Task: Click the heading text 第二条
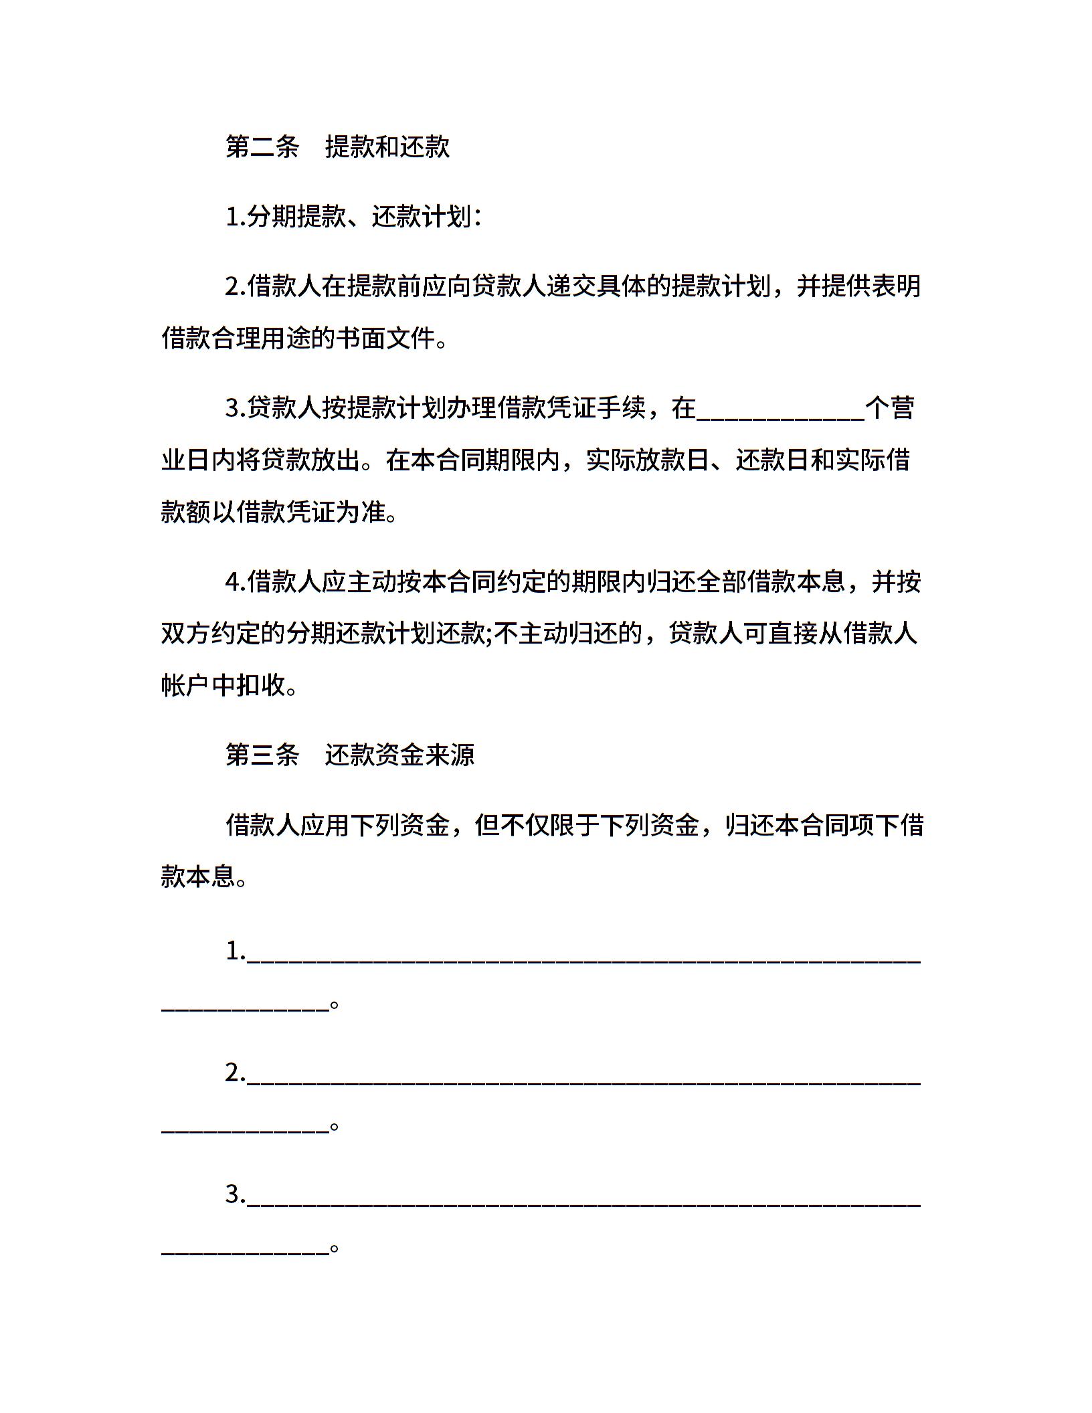coord(262,147)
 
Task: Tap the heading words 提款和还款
coord(387,147)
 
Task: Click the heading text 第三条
coord(262,755)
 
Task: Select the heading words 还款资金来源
coord(399,755)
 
